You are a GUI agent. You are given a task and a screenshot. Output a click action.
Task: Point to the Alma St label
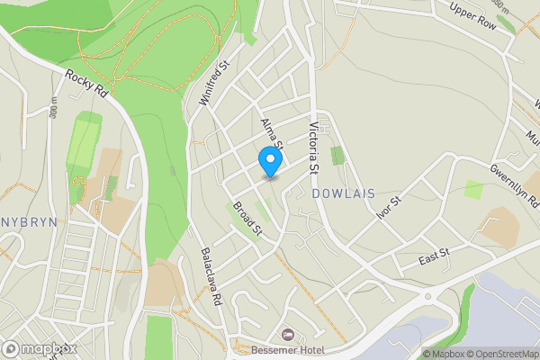click(x=272, y=132)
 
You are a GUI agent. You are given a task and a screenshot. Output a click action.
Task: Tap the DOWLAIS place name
click(x=342, y=193)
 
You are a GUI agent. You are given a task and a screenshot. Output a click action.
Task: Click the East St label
click(x=434, y=260)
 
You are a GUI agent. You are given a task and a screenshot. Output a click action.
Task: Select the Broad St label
click(x=246, y=219)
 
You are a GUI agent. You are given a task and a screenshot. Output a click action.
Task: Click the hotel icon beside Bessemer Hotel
click(x=287, y=335)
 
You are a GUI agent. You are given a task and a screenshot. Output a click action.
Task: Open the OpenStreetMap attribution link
click(x=507, y=354)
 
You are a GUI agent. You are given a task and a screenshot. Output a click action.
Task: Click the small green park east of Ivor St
click(x=472, y=189)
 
